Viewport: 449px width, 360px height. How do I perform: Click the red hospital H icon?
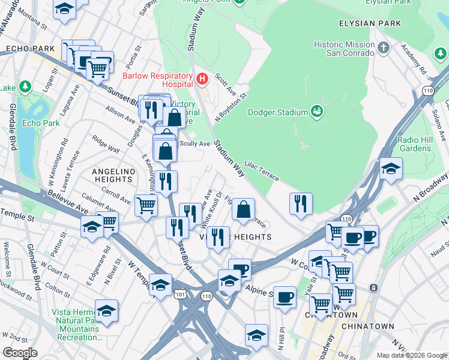[202, 79]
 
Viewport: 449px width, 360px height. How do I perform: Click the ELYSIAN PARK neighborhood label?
[369, 23]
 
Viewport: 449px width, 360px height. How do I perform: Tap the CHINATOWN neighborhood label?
[367, 326]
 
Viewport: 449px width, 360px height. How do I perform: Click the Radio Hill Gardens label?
[415, 144]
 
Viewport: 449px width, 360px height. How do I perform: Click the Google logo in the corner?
[20, 352]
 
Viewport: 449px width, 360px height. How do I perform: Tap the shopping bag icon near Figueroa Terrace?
[244, 211]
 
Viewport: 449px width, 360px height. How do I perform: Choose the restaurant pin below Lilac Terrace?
[301, 204]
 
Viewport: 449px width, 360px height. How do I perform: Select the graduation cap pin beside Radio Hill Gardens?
[391, 169]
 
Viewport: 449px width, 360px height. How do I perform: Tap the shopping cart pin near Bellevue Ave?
[146, 206]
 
